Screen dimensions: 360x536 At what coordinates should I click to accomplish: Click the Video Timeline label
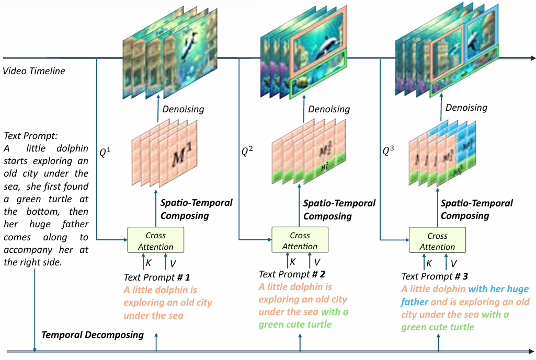pyautogui.click(x=34, y=71)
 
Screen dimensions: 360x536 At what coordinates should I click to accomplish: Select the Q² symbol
pyautogui.click(x=247, y=152)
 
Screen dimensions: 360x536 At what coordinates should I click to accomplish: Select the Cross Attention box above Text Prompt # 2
pyautogui.click(x=300, y=241)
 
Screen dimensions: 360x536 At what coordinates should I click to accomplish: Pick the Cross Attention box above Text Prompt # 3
pyautogui.click(x=437, y=241)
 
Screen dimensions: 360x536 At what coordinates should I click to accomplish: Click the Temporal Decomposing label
pyautogui.click(x=93, y=335)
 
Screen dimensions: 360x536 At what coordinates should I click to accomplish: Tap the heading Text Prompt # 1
pyautogui.click(x=157, y=277)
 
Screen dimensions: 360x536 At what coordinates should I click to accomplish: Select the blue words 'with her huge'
pyautogui.click(x=498, y=289)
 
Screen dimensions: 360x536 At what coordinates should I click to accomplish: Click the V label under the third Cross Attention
pyautogui.click(x=453, y=263)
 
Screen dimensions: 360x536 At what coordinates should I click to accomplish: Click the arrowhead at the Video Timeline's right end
pyautogui.click(x=533, y=58)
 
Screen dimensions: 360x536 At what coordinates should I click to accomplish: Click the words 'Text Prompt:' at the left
pyautogui.click(x=27, y=136)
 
